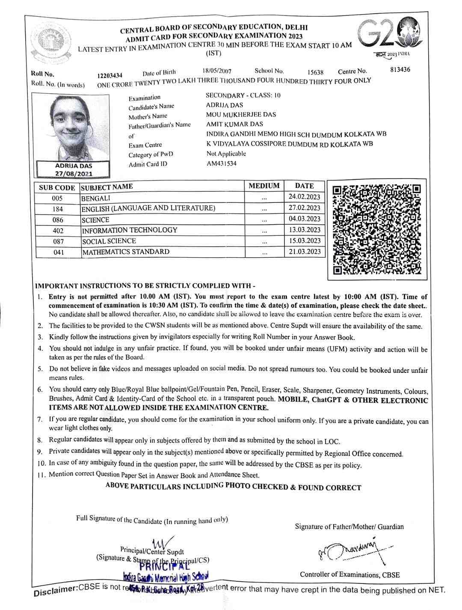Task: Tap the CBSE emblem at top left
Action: tap(53, 42)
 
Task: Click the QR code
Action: tap(376, 229)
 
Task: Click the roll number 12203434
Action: tap(110, 76)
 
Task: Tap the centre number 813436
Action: tap(400, 69)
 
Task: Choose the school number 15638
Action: tap(316, 72)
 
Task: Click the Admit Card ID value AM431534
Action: tap(221, 163)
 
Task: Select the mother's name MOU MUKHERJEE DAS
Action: tap(241, 114)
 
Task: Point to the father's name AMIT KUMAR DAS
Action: tap(234, 124)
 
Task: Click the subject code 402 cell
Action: tap(58, 231)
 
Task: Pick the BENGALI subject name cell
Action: tap(96, 198)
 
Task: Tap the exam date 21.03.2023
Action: tap(304, 251)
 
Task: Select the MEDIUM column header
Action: tap(264, 186)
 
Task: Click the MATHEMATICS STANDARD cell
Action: tap(126, 252)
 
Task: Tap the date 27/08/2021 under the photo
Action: tap(74, 173)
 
